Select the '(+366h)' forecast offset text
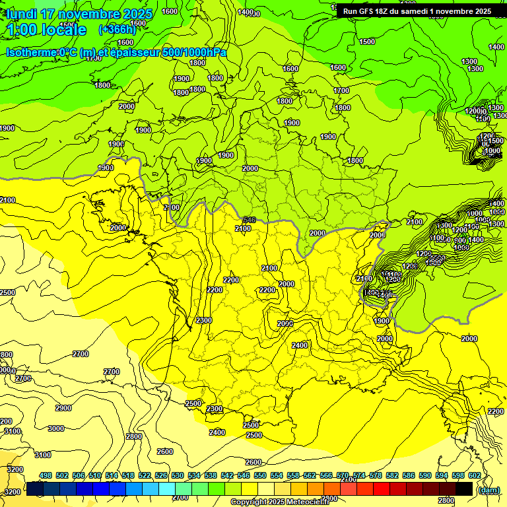pyautogui.click(x=117, y=30)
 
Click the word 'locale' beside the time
pyautogui.click(x=64, y=30)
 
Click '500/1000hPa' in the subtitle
pyautogui.click(x=194, y=53)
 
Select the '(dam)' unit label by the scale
pyautogui.click(x=489, y=490)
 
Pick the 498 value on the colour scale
pyautogui.click(x=46, y=476)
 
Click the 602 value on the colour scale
pyautogui.click(x=475, y=476)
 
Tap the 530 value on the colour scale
pyautogui.click(x=178, y=476)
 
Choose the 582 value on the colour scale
pyautogui.click(x=392, y=476)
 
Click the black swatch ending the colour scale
pyautogui.click(x=464, y=489)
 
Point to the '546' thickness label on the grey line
pyautogui.click(x=249, y=220)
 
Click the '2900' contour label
pyautogui.click(x=63, y=409)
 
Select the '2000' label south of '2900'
pyautogui.click(x=6, y=422)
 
